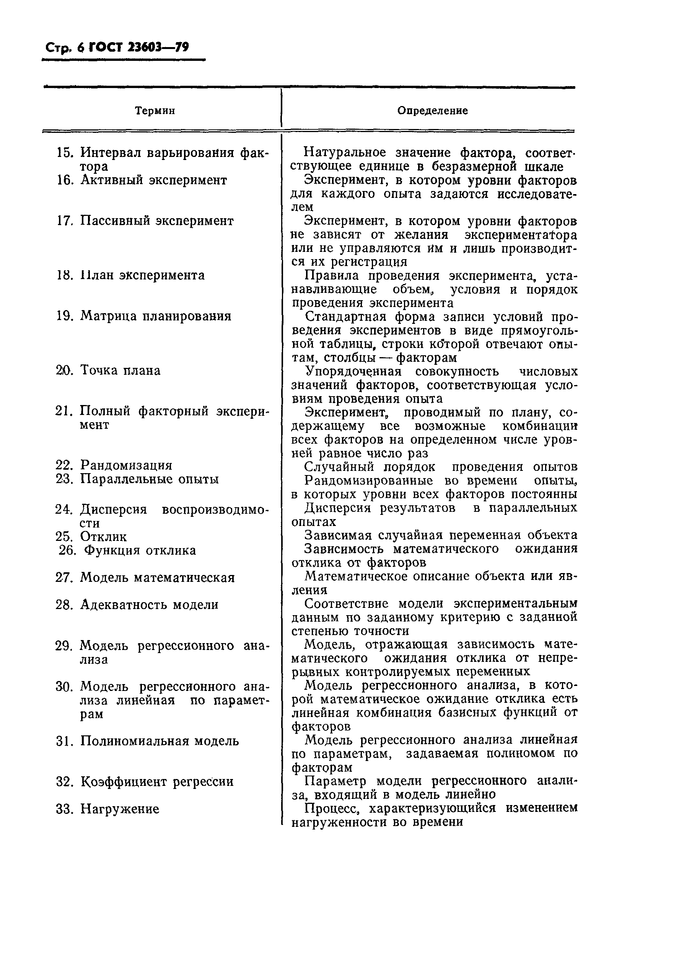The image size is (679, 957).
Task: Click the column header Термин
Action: [x=155, y=111]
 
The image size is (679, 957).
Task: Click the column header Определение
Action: [x=432, y=111]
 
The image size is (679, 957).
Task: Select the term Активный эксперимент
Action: [x=153, y=180]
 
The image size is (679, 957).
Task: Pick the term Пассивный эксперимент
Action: [x=157, y=221]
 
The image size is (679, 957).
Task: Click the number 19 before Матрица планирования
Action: [x=64, y=316]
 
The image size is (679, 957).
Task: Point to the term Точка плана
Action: [x=120, y=371]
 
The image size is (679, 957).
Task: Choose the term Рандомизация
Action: [x=126, y=465]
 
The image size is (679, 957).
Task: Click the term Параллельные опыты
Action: [x=149, y=479]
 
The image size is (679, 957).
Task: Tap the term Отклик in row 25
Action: [x=103, y=537]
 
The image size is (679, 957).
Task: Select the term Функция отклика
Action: [x=140, y=550]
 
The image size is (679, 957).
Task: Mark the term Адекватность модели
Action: [x=149, y=605]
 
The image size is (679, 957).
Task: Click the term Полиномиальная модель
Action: [x=159, y=741]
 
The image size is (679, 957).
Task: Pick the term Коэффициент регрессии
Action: [x=157, y=782]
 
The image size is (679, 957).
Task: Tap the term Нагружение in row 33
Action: [x=120, y=809]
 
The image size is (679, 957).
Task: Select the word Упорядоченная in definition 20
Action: [x=353, y=371]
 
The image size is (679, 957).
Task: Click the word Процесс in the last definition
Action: [x=332, y=808]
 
